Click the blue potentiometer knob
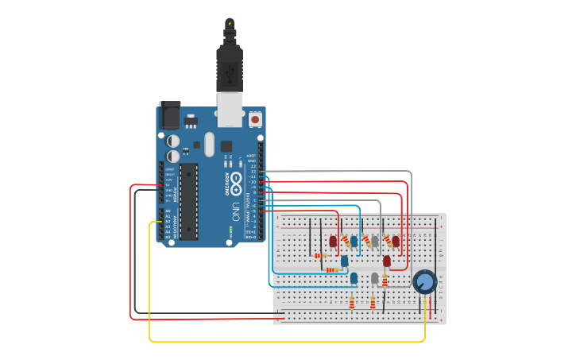[x=424, y=281]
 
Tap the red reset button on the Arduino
[x=255, y=119]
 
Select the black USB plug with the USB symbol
[x=229, y=68]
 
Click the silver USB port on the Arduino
[x=230, y=109]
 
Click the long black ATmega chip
[x=189, y=201]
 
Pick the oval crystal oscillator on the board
[x=209, y=144]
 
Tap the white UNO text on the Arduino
[x=236, y=212]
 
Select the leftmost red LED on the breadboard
[x=333, y=241]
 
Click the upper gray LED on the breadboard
[x=374, y=240]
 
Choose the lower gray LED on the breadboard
[x=374, y=277]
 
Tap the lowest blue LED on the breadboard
[x=354, y=277]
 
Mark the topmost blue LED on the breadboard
[x=354, y=240]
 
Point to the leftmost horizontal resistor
[x=321, y=256]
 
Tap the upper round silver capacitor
[x=172, y=141]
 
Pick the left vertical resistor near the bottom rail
[x=352, y=302]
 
